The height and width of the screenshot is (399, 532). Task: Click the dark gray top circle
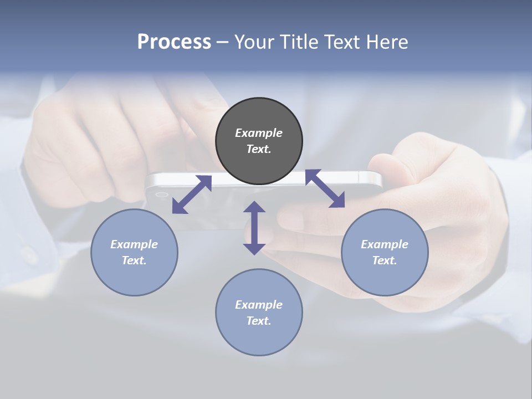(x=259, y=141)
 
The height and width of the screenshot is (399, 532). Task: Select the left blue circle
(x=134, y=252)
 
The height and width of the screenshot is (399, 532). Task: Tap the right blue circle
(x=385, y=252)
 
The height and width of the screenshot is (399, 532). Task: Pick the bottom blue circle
(x=259, y=313)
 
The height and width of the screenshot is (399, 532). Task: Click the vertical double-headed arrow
(x=254, y=228)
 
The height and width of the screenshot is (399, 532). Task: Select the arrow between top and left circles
(x=192, y=195)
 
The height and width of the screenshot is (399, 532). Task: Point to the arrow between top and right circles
(x=325, y=189)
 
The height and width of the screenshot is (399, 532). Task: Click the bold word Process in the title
(x=174, y=42)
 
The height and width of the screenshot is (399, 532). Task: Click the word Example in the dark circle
(x=259, y=133)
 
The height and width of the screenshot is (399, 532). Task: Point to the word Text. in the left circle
(x=134, y=260)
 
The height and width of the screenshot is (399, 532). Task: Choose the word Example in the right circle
(x=385, y=244)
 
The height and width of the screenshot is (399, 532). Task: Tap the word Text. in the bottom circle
(x=259, y=321)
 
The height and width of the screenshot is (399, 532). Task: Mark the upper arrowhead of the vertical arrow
(x=254, y=208)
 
